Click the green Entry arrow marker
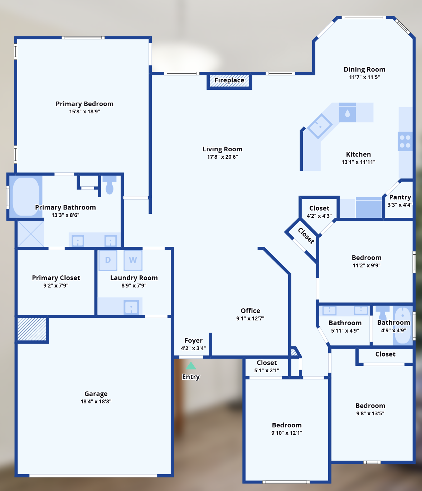click(x=191, y=366)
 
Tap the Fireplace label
click(x=229, y=80)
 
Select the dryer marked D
click(x=108, y=260)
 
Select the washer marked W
click(x=133, y=260)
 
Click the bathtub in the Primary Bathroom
click(x=26, y=197)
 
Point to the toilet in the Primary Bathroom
click(x=110, y=185)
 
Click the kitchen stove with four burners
click(x=405, y=141)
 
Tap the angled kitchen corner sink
click(x=320, y=126)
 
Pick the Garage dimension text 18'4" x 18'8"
click(x=96, y=402)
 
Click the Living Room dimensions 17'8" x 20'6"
click(x=223, y=157)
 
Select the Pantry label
click(x=400, y=197)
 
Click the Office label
click(x=250, y=310)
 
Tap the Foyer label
click(x=194, y=341)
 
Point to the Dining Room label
click(x=364, y=69)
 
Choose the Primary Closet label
click(x=56, y=278)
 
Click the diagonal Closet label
click(x=306, y=236)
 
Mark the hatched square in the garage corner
click(x=32, y=329)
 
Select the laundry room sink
click(x=131, y=307)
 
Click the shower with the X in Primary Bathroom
click(x=30, y=234)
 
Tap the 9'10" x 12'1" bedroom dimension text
click(x=287, y=433)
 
